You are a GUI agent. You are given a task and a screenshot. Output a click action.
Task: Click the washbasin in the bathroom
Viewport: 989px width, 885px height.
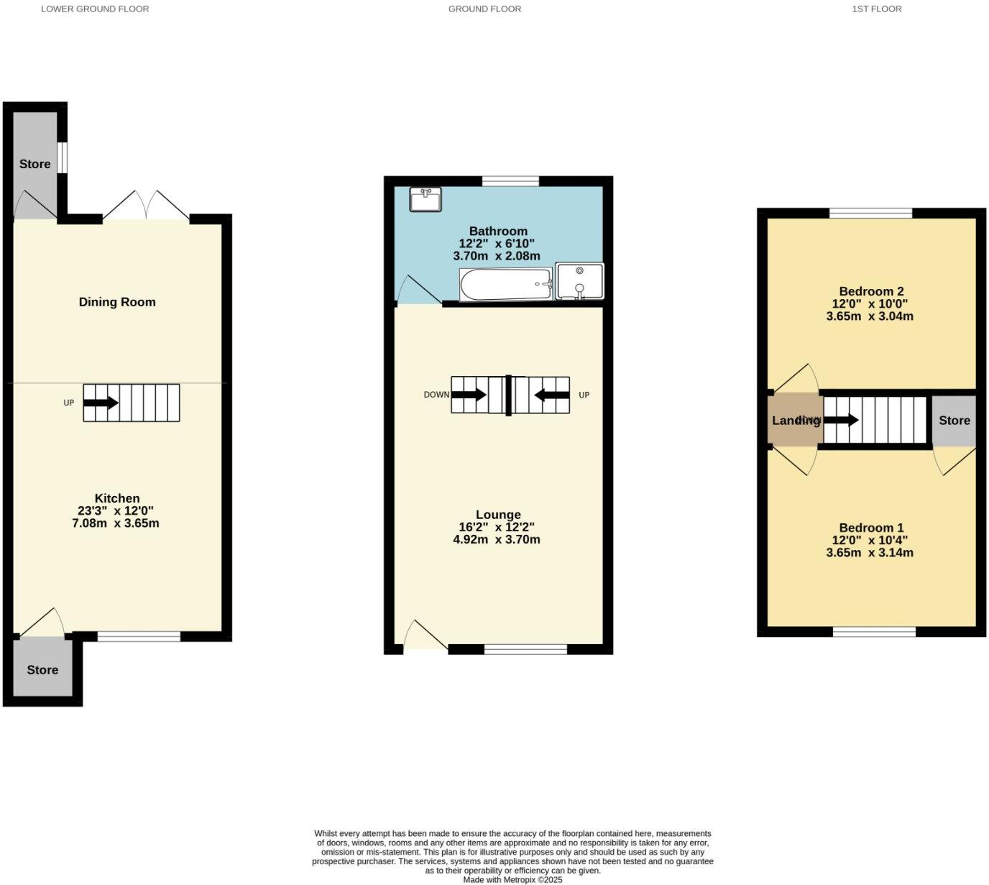pos(425,200)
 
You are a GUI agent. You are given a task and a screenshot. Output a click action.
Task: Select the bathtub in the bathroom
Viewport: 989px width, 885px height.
pos(506,285)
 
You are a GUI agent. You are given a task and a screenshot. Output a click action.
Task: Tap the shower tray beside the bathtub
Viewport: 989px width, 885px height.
pos(579,281)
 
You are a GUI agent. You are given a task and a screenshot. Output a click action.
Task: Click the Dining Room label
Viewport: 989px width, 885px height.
pos(117,302)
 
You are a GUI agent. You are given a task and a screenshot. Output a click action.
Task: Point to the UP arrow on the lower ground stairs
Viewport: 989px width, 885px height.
pos(101,403)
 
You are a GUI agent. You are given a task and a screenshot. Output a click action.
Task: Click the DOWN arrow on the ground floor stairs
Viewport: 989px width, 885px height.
pos(469,395)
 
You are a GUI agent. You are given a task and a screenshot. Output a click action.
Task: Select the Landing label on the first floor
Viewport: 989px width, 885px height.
pos(796,421)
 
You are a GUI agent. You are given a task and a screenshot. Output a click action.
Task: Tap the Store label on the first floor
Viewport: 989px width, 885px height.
pos(954,421)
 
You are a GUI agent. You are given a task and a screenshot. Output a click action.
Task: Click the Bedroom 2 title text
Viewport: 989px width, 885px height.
pos(871,291)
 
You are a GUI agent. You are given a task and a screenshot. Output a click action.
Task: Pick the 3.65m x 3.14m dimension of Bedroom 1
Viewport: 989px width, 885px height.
pos(870,553)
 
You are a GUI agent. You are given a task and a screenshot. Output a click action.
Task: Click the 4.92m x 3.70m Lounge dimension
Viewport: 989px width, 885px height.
pos(497,539)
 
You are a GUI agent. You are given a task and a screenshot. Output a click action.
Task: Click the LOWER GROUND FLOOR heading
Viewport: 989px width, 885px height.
pos(95,9)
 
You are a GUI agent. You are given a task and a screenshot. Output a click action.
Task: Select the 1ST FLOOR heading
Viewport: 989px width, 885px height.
pos(876,9)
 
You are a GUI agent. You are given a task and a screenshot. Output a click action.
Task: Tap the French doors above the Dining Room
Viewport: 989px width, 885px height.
pos(146,206)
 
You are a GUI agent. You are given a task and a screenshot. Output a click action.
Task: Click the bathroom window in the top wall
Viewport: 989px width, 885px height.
pos(510,181)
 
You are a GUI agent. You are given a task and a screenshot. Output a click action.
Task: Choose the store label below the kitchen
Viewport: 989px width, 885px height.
pos(42,670)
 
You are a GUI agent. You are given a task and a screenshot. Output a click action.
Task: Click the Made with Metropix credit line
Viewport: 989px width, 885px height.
pos(512,879)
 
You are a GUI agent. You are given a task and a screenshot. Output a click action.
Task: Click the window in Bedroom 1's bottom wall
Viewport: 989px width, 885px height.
pos(874,632)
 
